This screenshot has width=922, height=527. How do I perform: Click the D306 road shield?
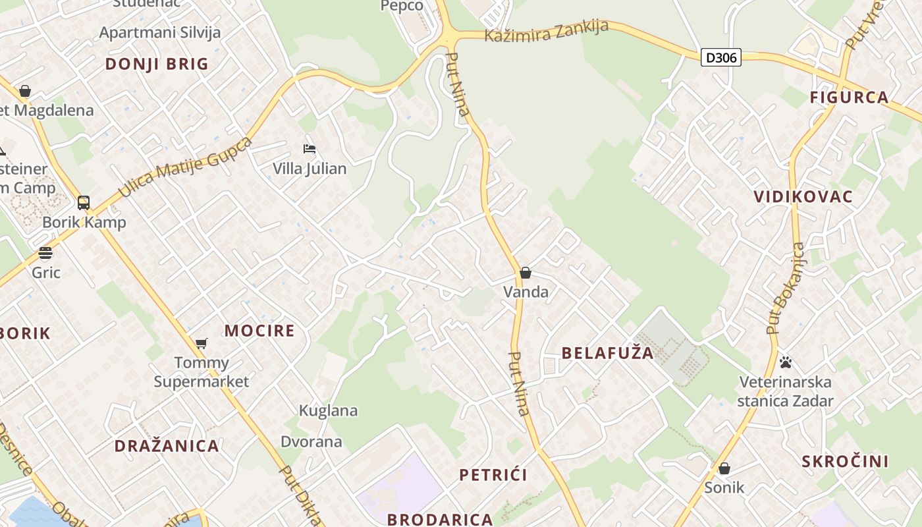[721, 57]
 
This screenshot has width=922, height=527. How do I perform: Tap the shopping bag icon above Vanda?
[526, 273]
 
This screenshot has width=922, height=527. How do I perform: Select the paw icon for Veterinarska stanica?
[785, 362]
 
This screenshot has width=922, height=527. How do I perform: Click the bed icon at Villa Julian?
[310, 149]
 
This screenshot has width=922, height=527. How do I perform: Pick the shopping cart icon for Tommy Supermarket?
[202, 343]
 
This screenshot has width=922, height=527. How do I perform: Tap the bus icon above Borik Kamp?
[84, 202]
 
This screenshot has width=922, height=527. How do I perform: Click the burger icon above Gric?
[45, 253]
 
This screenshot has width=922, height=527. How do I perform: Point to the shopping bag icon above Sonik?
[724, 468]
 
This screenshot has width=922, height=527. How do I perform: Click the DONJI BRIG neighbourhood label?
[157, 64]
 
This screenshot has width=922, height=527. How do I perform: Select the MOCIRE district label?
[259, 331]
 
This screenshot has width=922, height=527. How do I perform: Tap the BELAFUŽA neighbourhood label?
[608, 353]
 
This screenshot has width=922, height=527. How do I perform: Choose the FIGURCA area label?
[849, 97]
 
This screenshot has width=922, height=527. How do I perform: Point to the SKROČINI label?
[845, 461]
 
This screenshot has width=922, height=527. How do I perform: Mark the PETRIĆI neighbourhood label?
[493, 475]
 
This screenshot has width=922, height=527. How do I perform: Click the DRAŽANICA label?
[167, 446]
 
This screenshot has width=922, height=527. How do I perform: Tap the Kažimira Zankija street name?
[545, 32]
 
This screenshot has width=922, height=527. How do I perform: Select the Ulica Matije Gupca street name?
[186, 167]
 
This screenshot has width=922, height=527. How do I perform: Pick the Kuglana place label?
[328, 411]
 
